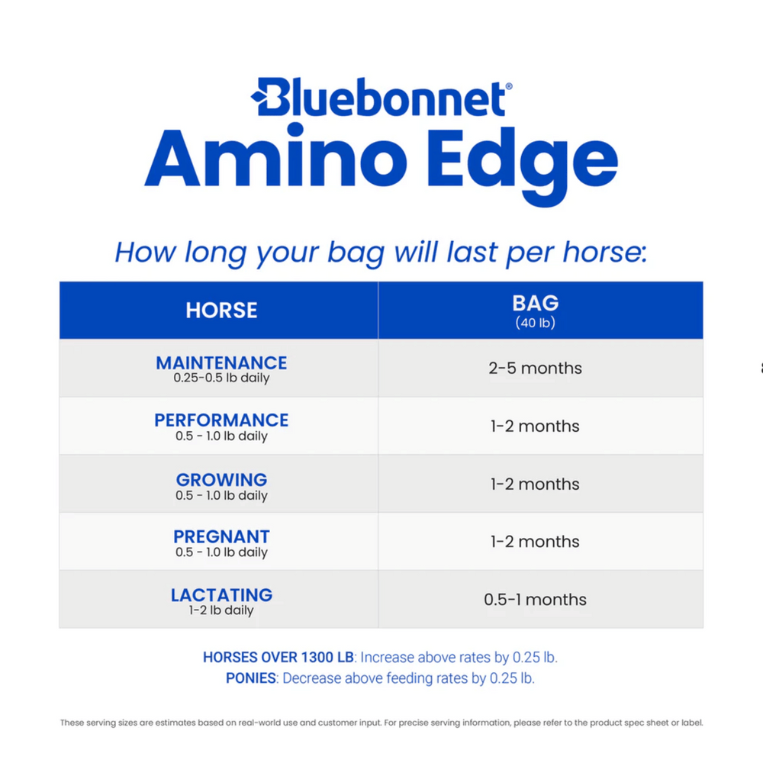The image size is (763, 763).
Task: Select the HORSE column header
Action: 221,311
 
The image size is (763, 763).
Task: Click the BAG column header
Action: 535,303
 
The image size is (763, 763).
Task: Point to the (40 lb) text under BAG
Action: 535,324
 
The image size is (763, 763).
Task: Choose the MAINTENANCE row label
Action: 221,362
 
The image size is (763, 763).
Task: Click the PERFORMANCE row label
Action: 221,420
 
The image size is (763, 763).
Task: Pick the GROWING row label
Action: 221,480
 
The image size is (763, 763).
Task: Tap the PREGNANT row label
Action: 221,536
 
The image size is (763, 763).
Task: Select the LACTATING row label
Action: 221,594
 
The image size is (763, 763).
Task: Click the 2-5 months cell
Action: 535,369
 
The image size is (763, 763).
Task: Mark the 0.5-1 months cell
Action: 535,600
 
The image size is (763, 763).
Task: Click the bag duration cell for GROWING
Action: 535,484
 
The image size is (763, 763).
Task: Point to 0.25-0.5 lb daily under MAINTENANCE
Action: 221,378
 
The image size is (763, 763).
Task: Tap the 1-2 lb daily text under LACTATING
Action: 221,610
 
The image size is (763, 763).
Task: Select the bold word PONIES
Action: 251,678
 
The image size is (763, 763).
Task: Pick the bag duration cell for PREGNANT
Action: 535,542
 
